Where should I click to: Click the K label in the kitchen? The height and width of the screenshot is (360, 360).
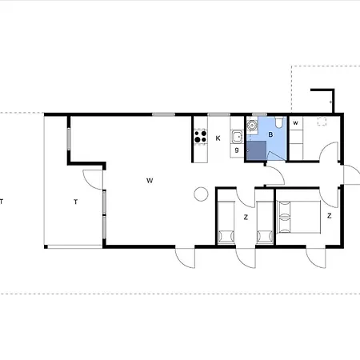[x=218, y=138]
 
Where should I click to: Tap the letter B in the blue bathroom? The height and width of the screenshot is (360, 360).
[x=270, y=134]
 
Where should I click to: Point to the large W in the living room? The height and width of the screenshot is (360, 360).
[x=150, y=181]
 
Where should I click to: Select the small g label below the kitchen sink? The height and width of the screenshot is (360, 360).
[x=237, y=150]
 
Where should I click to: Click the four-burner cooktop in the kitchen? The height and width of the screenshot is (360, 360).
[x=201, y=137]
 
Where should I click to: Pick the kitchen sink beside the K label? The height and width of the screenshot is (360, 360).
[x=237, y=137]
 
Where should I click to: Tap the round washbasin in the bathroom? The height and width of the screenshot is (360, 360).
[x=251, y=125]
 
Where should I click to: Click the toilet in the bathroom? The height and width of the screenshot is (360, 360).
[x=279, y=122]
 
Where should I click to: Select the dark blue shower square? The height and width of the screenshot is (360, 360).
[x=256, y=150]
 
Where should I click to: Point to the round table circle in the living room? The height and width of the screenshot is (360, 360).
[x=201, y=194]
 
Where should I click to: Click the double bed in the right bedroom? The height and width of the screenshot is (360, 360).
[x=298, y=217]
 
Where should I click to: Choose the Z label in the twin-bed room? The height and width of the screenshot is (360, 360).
[x=246, y=218]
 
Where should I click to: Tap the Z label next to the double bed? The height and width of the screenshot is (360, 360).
[x=330, y=216]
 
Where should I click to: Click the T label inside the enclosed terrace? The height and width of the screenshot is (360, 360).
[x=76, y=202]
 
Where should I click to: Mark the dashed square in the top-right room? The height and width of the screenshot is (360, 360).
[x=322, y=122]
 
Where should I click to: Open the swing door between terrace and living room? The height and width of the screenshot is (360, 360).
[x=93, y=180]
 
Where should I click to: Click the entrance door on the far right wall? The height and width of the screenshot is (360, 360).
[x=351, y=174]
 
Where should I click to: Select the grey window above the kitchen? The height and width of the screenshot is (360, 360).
[x=218, y=114]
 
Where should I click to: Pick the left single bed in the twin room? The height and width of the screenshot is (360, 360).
[x=226, y=222]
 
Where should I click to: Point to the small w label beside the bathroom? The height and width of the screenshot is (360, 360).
[x=295, y=123]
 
